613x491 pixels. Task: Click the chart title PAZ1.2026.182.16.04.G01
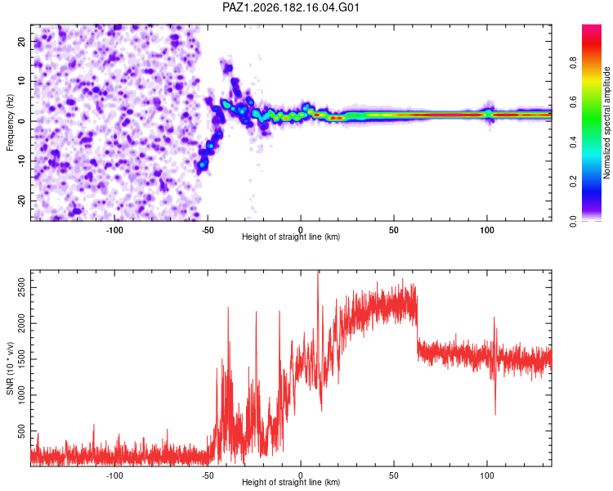[x=290, y=7]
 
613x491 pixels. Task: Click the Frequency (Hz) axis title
[x=10, y=123]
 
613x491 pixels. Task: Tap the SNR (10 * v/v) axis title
[x=10, y=368]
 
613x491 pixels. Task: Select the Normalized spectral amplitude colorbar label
[x=606, y=123]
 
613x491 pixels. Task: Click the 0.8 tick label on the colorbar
[x=573, y=63]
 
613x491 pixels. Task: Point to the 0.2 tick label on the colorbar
[x=573, y=182]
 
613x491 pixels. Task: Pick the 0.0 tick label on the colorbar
[x=573, y=221]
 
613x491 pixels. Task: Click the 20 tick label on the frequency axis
[x=22, y=41]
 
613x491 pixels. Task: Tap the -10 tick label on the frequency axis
[x=22, y=161]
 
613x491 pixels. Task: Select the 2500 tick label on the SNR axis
[x=22, y=288]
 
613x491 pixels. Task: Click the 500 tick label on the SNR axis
[x=22, y=431]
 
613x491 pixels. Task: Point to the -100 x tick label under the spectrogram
[x=114, y=230]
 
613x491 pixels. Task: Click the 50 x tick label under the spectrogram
[x=394, y=230]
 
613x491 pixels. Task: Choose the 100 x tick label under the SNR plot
[x=487, y=475]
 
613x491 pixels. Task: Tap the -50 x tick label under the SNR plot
[x=208, y=475]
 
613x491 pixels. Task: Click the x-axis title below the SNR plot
[x=291, y=482]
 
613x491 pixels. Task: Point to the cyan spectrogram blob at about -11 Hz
[x=202, y=164]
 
